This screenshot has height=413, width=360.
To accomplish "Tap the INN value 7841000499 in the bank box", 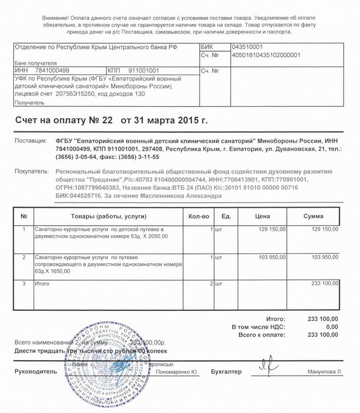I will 45,70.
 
